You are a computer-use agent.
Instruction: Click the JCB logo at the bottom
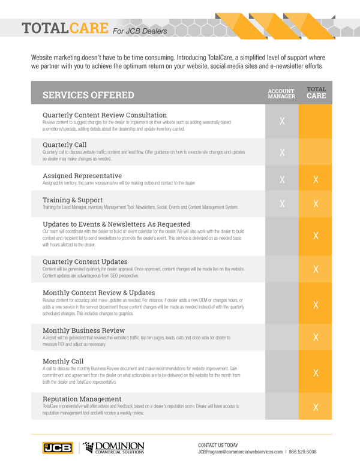point(57,447)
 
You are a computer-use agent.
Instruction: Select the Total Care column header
point(316,93)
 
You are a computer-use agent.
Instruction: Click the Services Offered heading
point(88,95)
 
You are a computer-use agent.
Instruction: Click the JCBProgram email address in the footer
point(240,452)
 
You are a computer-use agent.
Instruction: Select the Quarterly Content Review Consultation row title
point(104,115)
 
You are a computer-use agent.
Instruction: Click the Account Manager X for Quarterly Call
point(281,153)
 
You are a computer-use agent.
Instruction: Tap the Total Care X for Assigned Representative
point(316,180)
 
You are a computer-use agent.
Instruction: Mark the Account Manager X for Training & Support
point(281,204)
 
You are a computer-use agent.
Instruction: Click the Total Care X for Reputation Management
point(316,408)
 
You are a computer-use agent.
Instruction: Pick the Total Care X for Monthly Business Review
point(316,339)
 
